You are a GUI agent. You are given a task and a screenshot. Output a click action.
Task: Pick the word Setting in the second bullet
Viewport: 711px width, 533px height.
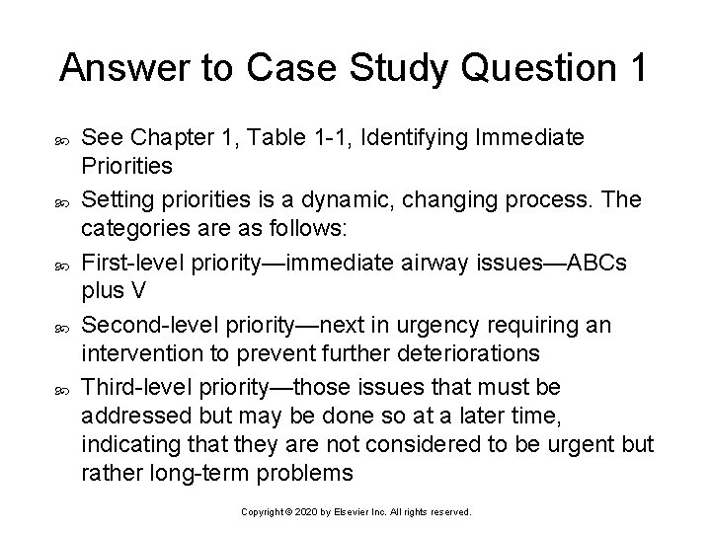click(112, 200)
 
